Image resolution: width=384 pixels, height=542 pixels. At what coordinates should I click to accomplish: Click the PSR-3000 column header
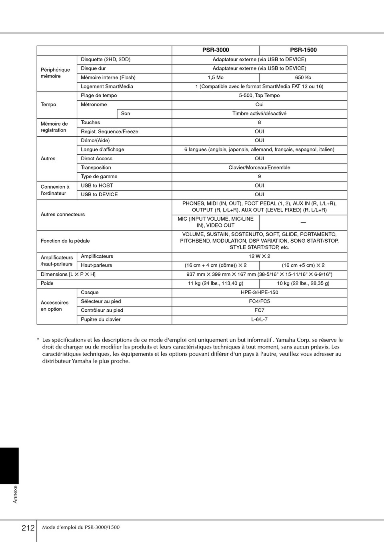[216, 50]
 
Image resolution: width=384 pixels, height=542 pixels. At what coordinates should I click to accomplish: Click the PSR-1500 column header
[303, 50]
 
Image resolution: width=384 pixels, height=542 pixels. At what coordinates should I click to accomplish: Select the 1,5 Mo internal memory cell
[216, 78]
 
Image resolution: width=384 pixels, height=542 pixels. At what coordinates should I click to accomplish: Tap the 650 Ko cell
[303, 78]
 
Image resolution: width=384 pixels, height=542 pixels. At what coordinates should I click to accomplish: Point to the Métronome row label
[94, 105]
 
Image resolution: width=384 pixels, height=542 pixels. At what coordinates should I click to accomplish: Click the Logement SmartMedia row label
[107, 86]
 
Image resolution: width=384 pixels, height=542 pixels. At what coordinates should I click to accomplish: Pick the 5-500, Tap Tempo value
[259, 96]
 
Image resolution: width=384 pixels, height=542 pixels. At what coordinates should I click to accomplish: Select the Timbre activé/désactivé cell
[259, 114]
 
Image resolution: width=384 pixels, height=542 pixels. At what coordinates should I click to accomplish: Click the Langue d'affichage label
[102, 149]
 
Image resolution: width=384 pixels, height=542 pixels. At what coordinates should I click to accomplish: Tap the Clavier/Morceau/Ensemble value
[259, 167]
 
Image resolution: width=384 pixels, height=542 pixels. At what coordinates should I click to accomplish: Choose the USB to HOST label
[97, 185]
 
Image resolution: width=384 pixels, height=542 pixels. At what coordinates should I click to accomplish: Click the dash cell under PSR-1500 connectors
[303, 222]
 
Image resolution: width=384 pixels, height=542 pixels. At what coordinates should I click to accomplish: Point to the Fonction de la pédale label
[65, 241]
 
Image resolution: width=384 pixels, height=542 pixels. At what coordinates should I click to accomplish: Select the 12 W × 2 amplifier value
[259, 256]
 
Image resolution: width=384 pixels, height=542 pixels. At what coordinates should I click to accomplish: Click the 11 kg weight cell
[216, 283]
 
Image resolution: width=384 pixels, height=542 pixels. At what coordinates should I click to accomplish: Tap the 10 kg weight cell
[303, 283]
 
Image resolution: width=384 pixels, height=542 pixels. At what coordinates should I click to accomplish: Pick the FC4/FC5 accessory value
[259, 301]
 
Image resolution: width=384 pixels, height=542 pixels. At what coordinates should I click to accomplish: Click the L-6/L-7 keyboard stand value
[259, 319]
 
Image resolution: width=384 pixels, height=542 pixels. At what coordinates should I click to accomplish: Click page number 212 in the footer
[28, 528]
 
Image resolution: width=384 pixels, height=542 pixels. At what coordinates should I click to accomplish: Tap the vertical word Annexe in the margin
[15, 494]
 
